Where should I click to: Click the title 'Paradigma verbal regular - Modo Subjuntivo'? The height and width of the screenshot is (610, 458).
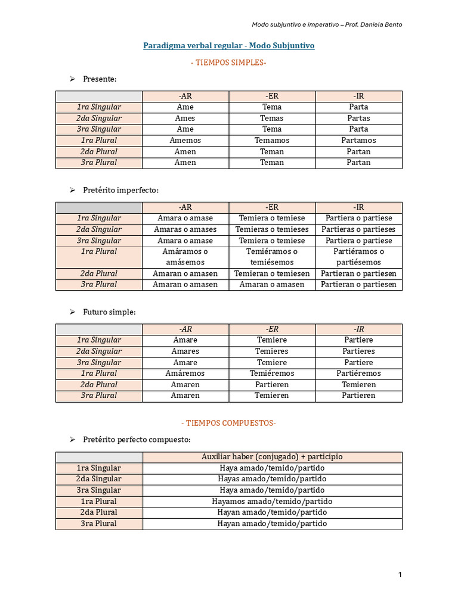tap(228, 45)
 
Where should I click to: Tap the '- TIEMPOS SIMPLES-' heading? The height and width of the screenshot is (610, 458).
tap(228, 63)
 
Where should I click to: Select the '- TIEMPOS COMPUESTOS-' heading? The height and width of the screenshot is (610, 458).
tap(228, 423)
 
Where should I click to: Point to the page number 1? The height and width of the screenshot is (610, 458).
tap(400, 574)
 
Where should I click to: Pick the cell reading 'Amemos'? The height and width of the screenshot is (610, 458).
tap(185, 141)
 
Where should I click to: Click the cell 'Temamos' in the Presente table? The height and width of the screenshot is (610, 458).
tap(272, 141)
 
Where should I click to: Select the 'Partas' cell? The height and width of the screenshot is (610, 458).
tap(359, 118)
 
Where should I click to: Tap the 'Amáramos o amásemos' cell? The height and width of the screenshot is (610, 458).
tap(185, 257)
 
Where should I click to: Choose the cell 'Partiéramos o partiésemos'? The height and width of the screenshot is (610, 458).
tap(359, 257)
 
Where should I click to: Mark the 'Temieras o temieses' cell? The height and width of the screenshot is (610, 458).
tap(272, 229)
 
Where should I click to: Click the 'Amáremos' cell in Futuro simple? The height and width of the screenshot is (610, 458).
tap(185, 374)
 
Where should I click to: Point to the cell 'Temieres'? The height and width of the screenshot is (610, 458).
tap(272, 351)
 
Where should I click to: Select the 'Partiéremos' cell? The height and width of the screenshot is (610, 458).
tap(359, 374)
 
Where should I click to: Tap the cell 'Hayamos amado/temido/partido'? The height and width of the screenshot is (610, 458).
tap(272, 502)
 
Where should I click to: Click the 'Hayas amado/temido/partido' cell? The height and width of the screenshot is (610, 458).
tap(272, 479)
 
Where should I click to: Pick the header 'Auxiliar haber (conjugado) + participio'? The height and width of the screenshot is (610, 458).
tap(272, 457)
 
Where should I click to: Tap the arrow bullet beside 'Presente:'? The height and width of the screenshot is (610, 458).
tap(71, 79)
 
